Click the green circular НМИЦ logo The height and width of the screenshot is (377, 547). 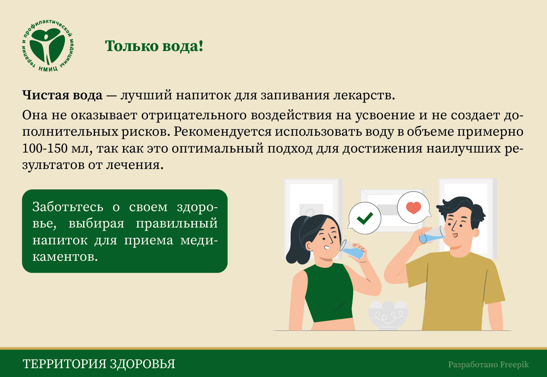coord(48,46)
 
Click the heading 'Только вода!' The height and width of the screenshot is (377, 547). coord(154,46)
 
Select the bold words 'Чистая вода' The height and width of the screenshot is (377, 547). coord(62,95)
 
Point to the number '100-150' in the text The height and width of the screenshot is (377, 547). coord(45,148)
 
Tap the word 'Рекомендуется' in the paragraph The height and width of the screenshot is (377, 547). coord(223,132)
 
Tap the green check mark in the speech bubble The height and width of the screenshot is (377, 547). coord(365,218)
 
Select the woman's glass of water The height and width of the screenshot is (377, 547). coord(352,250)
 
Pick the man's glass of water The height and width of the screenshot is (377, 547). coord(432,235)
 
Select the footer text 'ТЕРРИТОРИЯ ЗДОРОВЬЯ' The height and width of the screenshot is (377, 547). coord(99,364)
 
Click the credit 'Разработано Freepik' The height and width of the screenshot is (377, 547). coord(488,365)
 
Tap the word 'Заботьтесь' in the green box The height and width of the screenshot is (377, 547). coord(68,207)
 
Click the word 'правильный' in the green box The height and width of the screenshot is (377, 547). coord(176,224)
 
